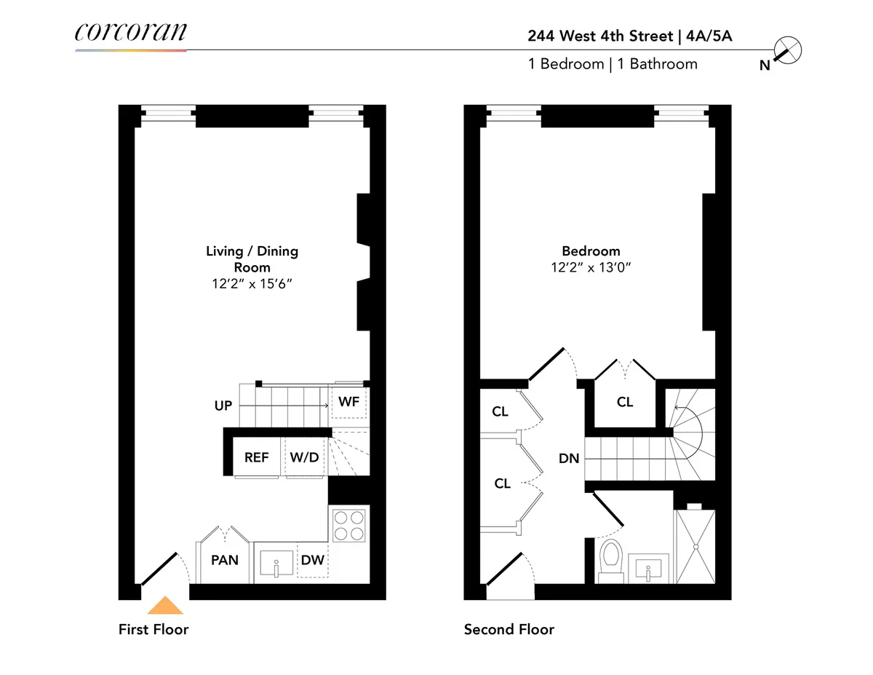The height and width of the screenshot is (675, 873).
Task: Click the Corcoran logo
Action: (x=130, y=33)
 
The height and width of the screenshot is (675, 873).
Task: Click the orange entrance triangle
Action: (x=165, y=606)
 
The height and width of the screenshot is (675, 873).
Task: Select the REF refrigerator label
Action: (x=256, y=458)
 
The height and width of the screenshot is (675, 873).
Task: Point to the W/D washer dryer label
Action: (x=304, y=458)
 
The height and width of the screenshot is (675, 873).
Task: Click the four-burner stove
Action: (x=348, y=525)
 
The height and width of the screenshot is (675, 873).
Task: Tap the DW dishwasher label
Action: (x=312, y=560)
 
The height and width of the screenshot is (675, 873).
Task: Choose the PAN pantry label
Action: (x=225, y=560)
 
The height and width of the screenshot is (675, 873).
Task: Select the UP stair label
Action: (x=223, y=406)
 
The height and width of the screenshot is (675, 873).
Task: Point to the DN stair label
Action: (x=569, y=458)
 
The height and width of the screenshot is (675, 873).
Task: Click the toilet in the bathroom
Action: (x=610, y=559)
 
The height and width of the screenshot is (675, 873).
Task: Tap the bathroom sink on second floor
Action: (x=647, y=567)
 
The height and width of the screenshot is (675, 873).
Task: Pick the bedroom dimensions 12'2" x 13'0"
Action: (x=590, y=267)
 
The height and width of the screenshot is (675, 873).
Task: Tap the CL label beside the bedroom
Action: (x=625, y=401)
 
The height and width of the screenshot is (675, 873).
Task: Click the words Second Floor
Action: (x=509, y=629)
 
